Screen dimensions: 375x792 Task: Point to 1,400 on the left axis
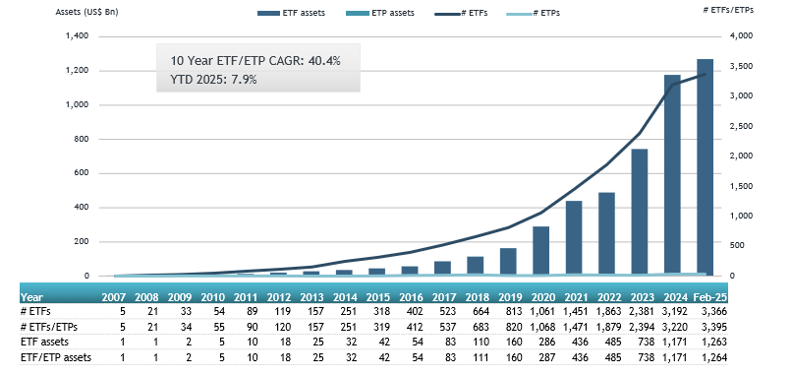click(x=75, y=36)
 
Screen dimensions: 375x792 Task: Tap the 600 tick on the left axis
click(x=81, y=173)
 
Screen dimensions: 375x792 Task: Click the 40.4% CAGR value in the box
click(x=320, y=61)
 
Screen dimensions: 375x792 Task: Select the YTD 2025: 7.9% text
click(x=211, y=80)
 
